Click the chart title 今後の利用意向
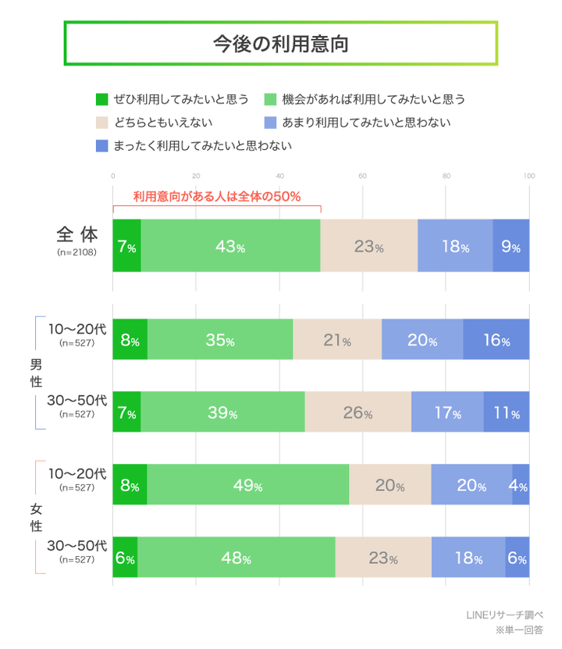point(280,44)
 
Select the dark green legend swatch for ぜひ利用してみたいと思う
point(101,99)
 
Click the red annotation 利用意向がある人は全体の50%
point(216,196)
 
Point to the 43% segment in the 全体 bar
point(231,246)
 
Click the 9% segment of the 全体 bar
point(511,246)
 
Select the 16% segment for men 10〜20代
point(496,340)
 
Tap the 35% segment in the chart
point(220,340)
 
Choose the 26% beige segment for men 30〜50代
point(357,412)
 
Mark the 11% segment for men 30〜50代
point(506,412)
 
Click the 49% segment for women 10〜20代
point(247,485)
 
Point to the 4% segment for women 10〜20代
point(521,485)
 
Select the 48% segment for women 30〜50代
point(237,558)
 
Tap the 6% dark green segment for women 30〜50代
point(125,558)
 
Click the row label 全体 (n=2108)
point(76,241)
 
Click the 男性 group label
point(35,373)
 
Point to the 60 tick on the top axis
point(363,175)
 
